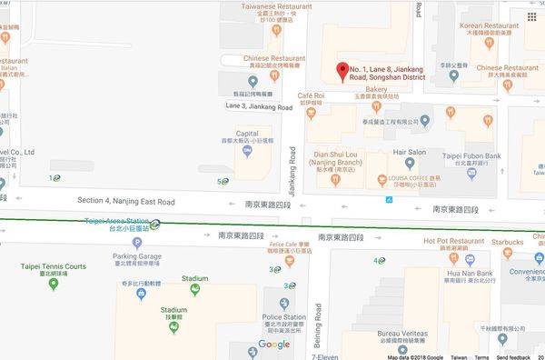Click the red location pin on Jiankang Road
tap(342, 71)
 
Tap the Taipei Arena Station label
tap(116, 221)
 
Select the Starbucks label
tap(508, 243)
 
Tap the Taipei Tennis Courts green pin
tap(54, 284)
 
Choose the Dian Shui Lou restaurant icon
tap(336, 179)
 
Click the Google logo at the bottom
tap(273, 345)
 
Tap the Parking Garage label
tap(137, 257)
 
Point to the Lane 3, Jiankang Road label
tap(259, 107)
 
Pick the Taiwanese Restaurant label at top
tap(271, 5)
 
